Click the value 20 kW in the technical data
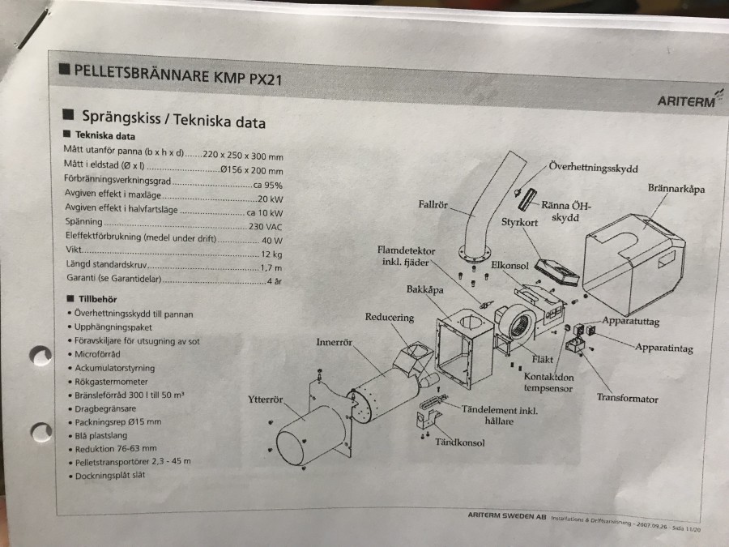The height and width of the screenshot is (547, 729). [x=270, y=199]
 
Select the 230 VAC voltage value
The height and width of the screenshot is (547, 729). [x=265, y=227]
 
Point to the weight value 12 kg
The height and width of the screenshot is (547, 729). [x=271, y=254]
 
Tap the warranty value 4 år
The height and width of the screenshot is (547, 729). [x=275, y=281]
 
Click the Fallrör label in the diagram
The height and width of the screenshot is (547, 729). [x=433, y=205]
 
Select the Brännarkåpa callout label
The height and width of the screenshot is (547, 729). [x=676, y=188]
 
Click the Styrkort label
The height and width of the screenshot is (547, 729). [x=519, y=222]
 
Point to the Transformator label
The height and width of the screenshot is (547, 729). [x=627, y=398]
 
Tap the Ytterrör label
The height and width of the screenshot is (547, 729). [x=266, y=400]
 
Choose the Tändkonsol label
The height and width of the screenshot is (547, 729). [x=460, y=442]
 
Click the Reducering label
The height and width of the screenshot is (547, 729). [x=389, y=317]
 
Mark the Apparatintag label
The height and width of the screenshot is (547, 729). [x=664, y=348]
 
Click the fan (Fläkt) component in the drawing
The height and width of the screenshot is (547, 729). [x=517, y=326]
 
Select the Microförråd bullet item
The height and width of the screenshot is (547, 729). [x=97, y=354]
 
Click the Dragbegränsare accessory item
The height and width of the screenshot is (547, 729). [x=105, y=409]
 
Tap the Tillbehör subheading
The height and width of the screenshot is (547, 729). [x=98, y=299]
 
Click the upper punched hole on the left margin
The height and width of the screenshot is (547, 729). [x=41, y=356]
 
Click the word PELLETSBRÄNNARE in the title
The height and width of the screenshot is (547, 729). [x=141, y=73]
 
